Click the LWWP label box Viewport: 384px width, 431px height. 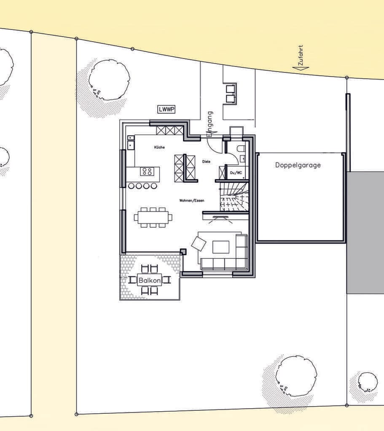166,109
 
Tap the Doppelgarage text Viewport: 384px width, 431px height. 298,165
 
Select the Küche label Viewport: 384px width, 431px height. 159,147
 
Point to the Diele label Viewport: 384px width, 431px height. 206,162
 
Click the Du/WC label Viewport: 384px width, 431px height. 236,173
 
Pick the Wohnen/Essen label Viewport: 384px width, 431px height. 192,201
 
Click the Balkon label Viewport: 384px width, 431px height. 150,280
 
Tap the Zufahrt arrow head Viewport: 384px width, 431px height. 300,69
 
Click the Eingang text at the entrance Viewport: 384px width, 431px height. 210,124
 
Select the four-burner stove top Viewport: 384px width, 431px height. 146,172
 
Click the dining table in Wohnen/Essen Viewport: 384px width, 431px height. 153,218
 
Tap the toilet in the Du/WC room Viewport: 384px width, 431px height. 241,149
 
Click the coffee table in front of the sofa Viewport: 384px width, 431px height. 221,247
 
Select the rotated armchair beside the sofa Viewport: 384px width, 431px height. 199,243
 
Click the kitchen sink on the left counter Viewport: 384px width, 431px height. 131,144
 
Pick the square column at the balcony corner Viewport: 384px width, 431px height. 183,252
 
